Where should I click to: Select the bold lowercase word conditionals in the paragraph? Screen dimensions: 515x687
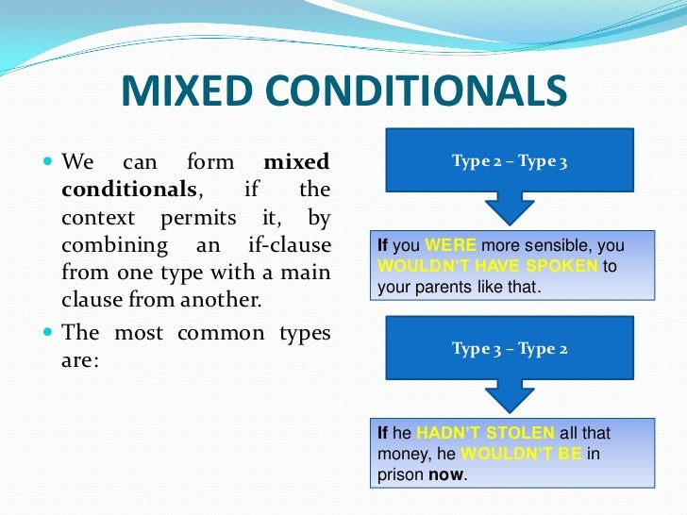point(129,190)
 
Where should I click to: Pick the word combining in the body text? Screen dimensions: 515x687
point(109,246)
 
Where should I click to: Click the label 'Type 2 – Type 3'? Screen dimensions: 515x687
point(510,162)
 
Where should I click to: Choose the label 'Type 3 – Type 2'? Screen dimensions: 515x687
point(510,349)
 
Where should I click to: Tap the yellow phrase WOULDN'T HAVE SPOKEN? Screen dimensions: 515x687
point(487,266)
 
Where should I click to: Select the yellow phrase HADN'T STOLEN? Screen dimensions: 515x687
point(485,433)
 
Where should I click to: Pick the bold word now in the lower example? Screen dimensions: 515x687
point(445,474)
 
